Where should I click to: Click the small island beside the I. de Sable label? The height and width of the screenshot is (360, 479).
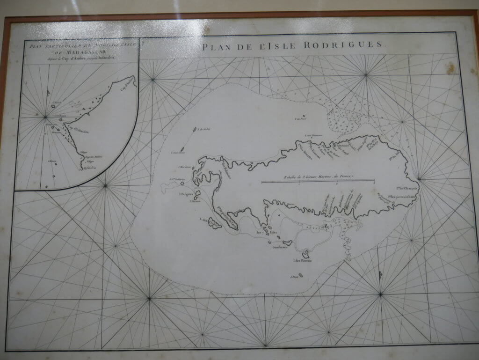(194, 132)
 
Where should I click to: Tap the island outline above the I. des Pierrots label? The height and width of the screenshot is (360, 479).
(305, 254)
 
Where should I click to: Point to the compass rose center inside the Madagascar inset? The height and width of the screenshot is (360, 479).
(45, 117)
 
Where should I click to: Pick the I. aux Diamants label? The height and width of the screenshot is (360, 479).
(311, 136)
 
